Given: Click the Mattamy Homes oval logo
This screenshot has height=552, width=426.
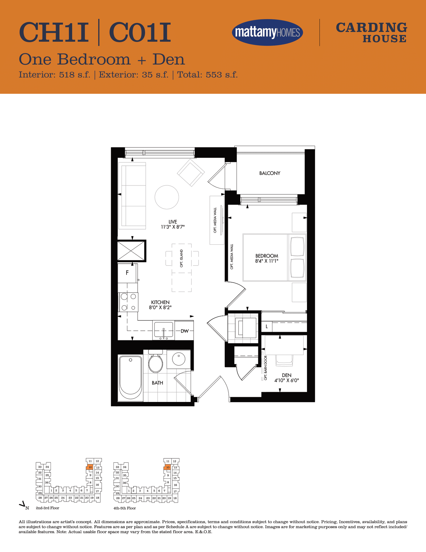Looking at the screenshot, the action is point(267,32).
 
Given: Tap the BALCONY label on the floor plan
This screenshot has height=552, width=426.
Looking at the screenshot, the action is point(270,173).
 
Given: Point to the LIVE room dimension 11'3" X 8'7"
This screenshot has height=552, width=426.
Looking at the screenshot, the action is point(173,227).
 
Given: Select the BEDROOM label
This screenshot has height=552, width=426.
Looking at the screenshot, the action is point(267,256).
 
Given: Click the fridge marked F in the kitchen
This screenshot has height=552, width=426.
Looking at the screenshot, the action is point(128,273).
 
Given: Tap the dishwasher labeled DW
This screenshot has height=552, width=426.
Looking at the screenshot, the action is point(184,331).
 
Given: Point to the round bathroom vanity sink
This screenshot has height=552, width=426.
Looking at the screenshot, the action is point(179,359).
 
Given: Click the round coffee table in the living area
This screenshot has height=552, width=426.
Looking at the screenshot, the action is point(167,197).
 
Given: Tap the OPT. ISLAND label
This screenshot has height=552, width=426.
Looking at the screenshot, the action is point(182,258).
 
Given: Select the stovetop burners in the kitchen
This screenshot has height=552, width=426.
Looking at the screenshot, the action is point(128,302).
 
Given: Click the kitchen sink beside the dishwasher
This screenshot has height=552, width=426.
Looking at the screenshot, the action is point(163,330).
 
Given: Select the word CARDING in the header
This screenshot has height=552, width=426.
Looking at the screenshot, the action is point(371,28).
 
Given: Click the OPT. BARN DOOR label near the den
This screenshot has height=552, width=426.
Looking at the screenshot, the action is point(265,368).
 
